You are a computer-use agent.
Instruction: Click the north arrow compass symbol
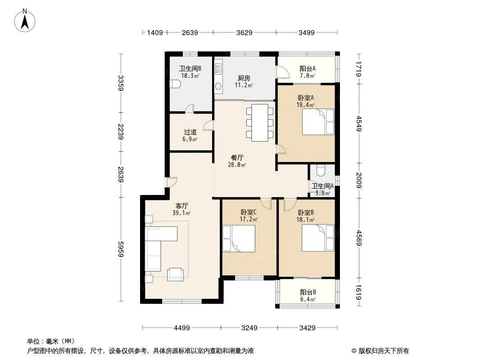25,21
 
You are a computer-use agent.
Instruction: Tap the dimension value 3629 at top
245,32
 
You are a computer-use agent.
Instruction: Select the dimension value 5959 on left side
121,249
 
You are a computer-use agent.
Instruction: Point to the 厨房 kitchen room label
244,78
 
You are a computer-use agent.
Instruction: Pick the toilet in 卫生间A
321,171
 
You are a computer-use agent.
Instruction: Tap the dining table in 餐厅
260,123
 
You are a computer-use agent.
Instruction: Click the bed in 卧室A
318,122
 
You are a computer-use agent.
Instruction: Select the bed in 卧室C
239,238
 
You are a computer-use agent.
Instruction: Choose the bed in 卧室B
318,238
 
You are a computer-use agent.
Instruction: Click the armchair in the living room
176,274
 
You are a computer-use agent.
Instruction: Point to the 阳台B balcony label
308,292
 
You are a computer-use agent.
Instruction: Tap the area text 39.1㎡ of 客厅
181,213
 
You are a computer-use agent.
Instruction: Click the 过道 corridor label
190,132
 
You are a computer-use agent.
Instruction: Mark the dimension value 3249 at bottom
249,328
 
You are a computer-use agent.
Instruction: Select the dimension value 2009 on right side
359,180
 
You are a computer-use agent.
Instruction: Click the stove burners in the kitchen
217,69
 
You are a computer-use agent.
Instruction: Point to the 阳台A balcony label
308,68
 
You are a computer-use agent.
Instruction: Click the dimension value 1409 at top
155,32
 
